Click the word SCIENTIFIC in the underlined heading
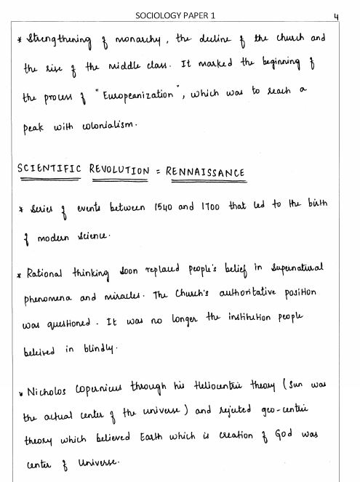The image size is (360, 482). point(49,172)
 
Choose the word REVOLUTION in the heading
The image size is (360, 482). point(119,172)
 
